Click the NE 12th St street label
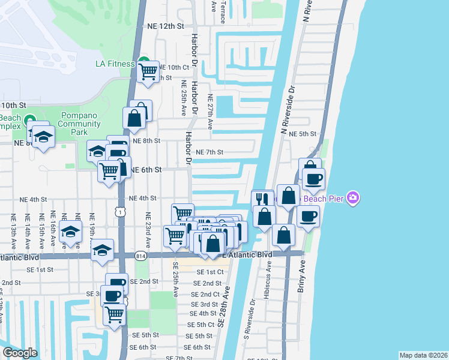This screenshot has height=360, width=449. [x=164, y=26]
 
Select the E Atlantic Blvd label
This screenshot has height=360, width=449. [x=247, y=255]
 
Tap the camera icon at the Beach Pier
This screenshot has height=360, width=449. [x=354, y=197]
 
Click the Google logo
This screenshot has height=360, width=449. [x=19, y=353]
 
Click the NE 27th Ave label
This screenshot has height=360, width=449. [x=210, y=112]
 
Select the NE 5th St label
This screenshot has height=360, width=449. [x=303, y=133]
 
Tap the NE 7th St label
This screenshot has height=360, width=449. [x=209, y=152]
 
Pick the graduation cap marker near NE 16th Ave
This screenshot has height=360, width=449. [x=71, y=232]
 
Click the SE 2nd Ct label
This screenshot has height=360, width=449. [x=205, y=294]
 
